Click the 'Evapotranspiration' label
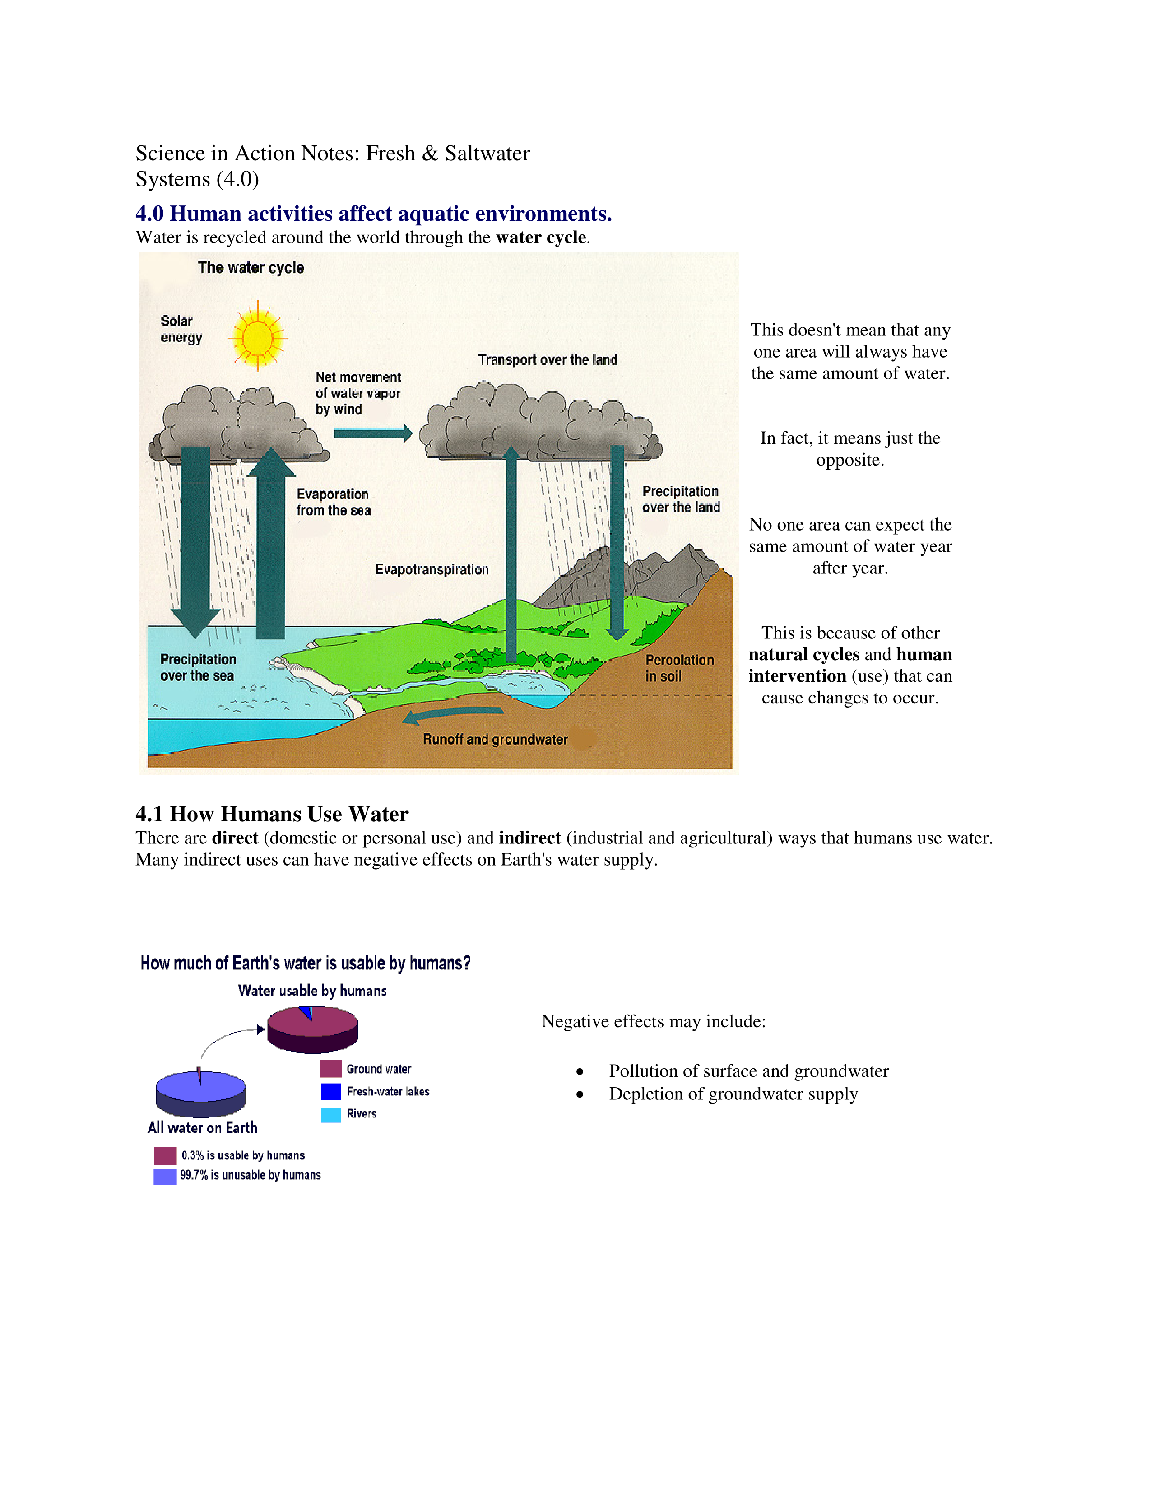[432, 570]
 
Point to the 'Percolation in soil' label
[679, 668]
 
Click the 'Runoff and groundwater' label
[495, 739]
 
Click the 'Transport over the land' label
[548, 359]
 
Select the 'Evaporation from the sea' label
[334, 502]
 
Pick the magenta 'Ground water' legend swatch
[331, 1068]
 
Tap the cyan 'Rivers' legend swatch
[331, 1114]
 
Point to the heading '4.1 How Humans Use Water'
[271, 814]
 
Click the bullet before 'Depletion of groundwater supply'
[580, 1094]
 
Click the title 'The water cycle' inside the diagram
[251, 267]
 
